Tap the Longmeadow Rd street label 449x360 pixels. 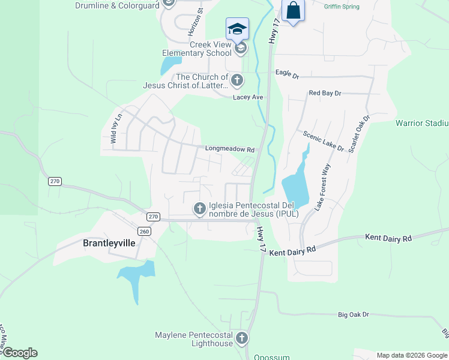click(x=230, y=149)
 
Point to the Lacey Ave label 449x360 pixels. click(x=249, y=97)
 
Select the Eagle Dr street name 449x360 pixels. click(x=287, y=73)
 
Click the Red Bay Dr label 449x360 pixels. click(x=325, y=93)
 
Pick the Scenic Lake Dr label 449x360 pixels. click(x=324, y=141)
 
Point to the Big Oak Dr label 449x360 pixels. click(x=353, y=314)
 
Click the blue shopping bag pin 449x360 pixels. click(x=294, y=10)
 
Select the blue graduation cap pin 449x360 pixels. click(x=237, y=28)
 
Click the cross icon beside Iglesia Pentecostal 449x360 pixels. click(x=199, y=209)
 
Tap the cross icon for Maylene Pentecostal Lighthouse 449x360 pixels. click(x=242, y=338)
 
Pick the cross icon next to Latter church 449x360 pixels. click(x=237, y=80)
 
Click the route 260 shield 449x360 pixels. click(x=144, y=231)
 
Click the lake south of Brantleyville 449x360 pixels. click(x=137, y=276)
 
